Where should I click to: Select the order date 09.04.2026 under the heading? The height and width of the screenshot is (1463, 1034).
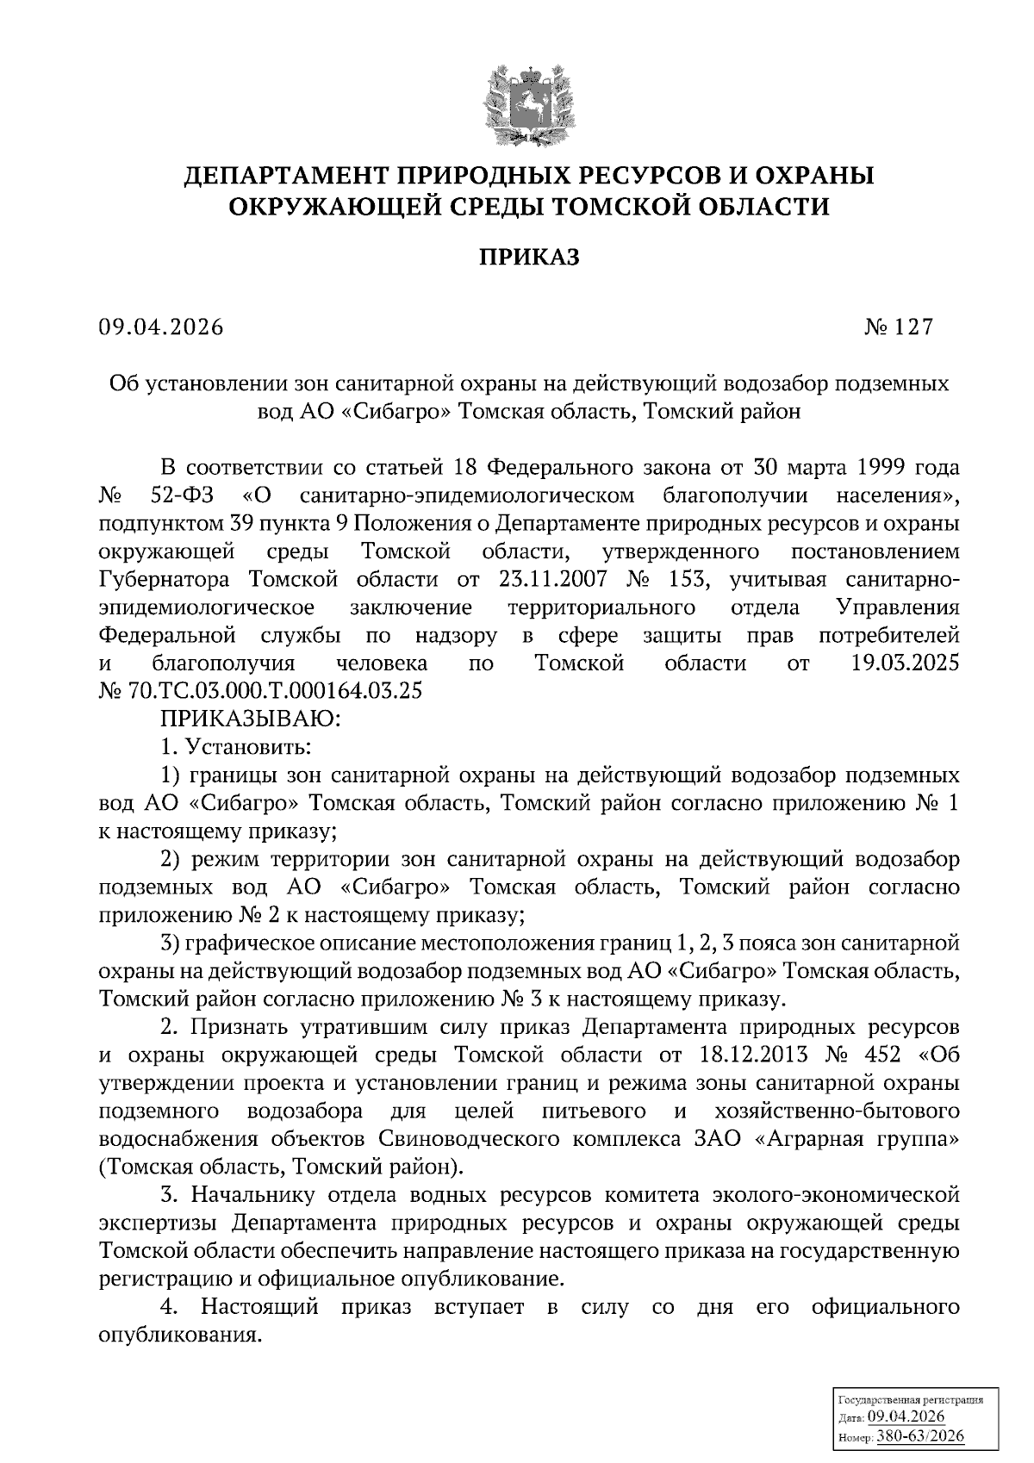(160, 328)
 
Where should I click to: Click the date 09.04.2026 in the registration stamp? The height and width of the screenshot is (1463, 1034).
(906, 1418)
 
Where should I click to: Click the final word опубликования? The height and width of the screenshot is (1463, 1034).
(179, 1335)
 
